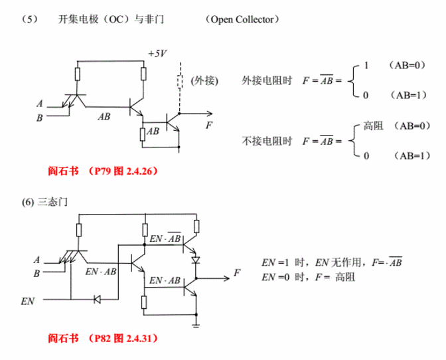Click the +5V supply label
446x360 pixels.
point(157,54)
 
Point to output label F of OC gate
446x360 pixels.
point(210,124)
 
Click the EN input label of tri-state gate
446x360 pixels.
point(29,300)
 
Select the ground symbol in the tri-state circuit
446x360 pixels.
point(196,325)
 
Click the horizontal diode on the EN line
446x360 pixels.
point(97,300)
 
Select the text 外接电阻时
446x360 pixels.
point(267,81)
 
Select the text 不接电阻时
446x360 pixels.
point(267,141)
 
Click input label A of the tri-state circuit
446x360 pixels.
point(37,259)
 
